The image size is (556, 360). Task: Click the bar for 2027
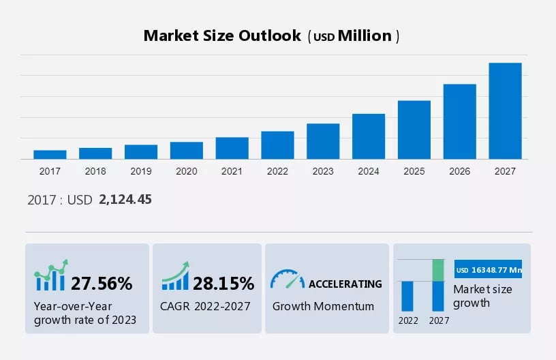pos(505,111)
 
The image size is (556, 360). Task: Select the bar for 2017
pos(50,155)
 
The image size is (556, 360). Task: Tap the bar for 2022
pos(277,145)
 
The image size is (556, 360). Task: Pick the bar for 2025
pos(414,130)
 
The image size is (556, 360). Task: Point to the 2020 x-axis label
pos(186,171)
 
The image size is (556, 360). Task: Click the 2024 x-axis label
pos(369,171)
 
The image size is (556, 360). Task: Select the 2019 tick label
pos(140,171)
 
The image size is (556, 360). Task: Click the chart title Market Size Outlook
pos(222,36)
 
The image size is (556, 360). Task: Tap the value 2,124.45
pos(125,200)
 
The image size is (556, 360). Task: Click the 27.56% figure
pos(102,283)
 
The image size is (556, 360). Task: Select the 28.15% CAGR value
pos(223,283)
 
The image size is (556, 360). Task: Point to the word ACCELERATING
pos(345,284)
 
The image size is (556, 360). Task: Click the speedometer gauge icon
pos(287,280)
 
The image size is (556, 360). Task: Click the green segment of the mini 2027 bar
pos(438,270)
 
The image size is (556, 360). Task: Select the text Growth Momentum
pos(323,306)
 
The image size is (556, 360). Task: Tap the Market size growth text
pos(482,296)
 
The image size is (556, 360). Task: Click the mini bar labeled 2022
pos(407,296)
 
